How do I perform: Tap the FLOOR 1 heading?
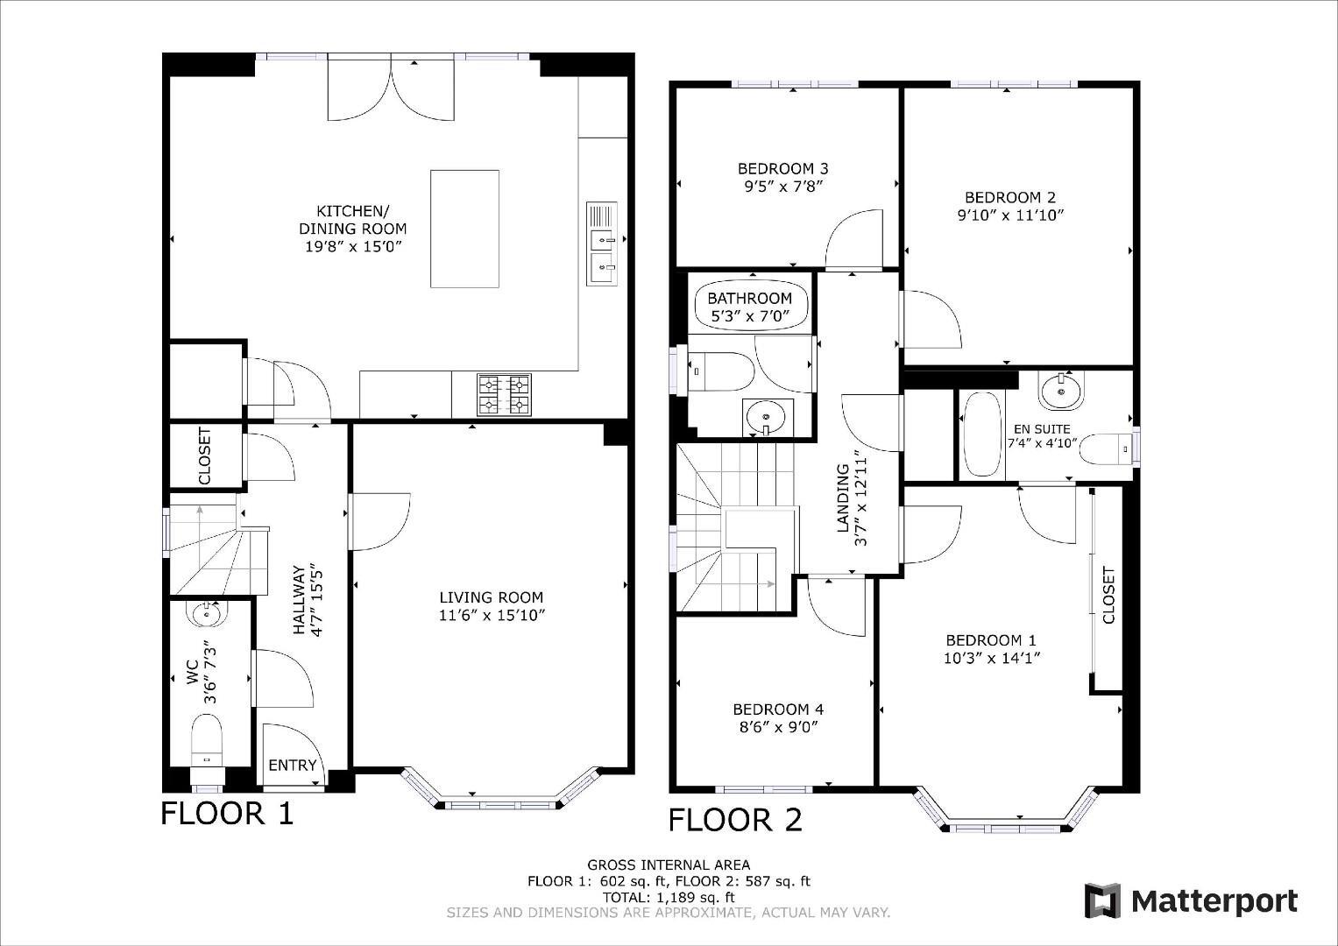pyautogui.click(x=227, y=814)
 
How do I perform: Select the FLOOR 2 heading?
pyautogui.click(x=735, y=821)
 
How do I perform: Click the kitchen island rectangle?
pyautogui.click(x=464, y=229)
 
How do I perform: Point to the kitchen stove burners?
pyautogui.click(x=504, y=394)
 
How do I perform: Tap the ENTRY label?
pyautogui.click(x=293, y=766)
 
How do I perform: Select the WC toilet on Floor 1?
pyautogui.click(x=208, y=738)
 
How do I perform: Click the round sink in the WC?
pyautogui.click(x=208, y=615)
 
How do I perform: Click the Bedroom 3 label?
pyautogui.click(x=783, y=168)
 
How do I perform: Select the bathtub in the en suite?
pyautogui.click(x=980, y=434)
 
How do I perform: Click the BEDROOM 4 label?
pyautogui.click(x=778, y=709)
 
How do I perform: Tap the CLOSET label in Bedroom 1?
pyautogui.click(x=1109, y=596)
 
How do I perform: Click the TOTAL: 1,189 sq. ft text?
pyautogui.click(x=669, y=897)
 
